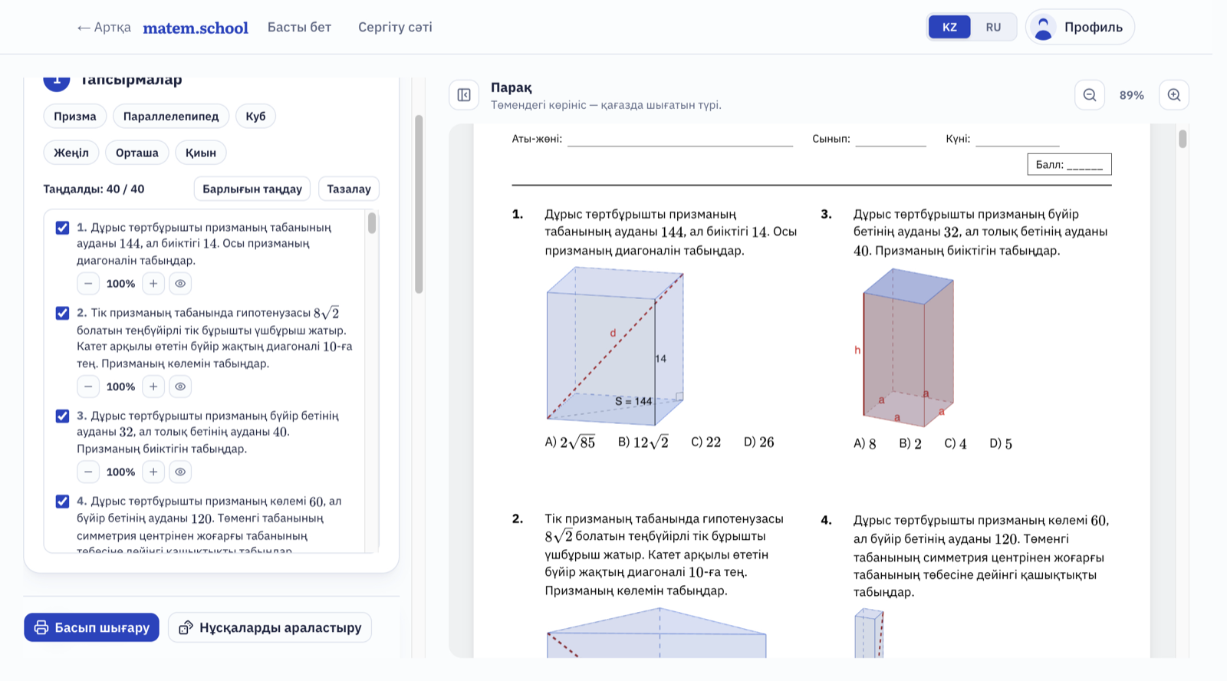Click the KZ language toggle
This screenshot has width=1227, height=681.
[x=949, y=28]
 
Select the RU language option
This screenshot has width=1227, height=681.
[x=993, y=28]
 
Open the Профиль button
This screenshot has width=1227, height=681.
[x=1080, y=28]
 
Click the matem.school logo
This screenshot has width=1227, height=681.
[x=196, y=28]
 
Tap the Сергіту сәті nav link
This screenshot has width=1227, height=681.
[x=395, y=28]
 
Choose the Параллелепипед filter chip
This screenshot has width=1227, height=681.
[x=171, y=116]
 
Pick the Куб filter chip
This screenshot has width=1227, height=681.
[x=255, y=116]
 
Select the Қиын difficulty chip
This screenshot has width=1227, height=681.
[x=200, y=153]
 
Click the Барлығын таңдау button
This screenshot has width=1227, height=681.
[x=252, y=189]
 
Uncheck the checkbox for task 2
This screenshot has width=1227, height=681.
[x=62, y=313]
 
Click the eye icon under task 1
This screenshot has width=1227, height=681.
[x=180, y=283]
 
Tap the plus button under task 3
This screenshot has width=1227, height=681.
[x=153, y=472]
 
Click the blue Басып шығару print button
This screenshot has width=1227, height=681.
[x=91, y=627]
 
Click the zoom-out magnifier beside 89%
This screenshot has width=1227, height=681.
[x=1090, y=95]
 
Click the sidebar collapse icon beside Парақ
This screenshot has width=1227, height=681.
[x=464, y=95]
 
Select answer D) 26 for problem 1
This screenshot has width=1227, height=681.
[x=758, y=442]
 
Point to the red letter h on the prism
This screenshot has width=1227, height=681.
[x=857, y=350]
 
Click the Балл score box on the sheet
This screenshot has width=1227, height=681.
[x=1069, y=164]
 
